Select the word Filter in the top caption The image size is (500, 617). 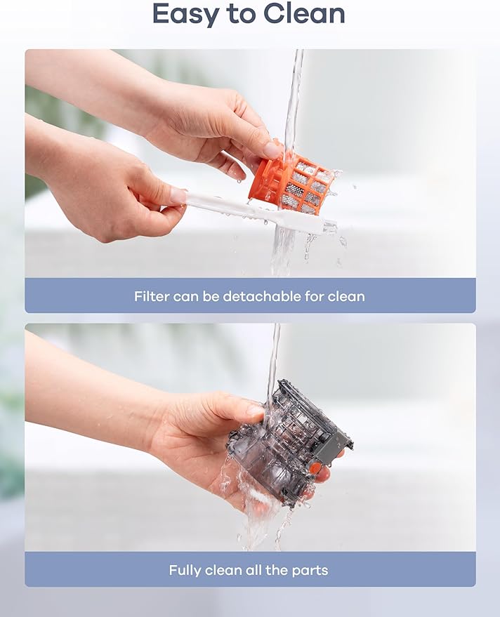tap(152, 296)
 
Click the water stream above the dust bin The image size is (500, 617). tap(273, 358)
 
